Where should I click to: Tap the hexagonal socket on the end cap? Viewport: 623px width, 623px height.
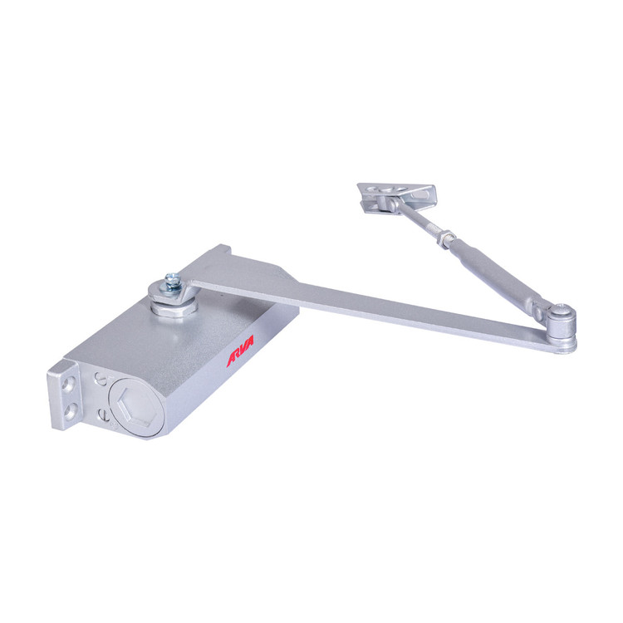(x=135, y=407)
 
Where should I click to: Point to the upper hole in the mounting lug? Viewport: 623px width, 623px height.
(x=70, y=385)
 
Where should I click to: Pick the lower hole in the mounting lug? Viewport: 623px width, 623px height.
(x=71, y=412)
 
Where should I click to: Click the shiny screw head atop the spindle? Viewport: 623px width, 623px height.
(x=174, y=281)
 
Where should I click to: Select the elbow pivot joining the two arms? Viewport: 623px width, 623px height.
(x=561, y=326)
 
